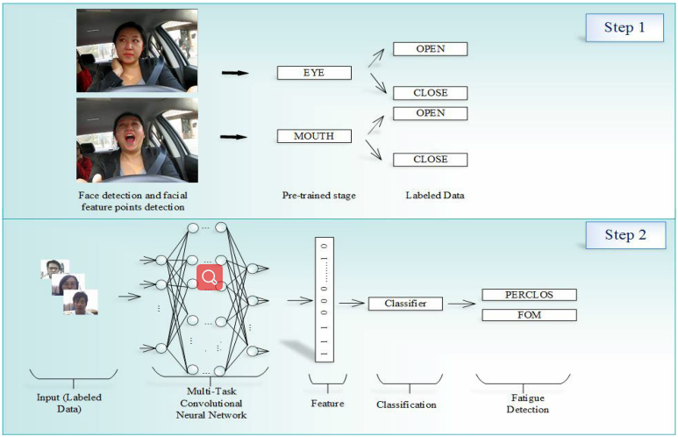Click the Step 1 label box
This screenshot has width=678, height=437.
coord(624,27)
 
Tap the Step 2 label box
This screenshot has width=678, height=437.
coord(624,235)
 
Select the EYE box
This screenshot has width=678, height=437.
coord(313,73)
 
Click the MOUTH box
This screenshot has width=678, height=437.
coord(313,136)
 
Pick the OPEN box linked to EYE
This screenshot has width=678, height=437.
coord(430,49)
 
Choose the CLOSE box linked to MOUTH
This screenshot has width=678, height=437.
coord(430,160)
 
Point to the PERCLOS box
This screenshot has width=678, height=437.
coord(529,295)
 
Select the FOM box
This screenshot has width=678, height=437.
coord(529,314)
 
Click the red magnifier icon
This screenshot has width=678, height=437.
coord(210,278)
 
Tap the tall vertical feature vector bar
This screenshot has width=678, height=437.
coord(324,298)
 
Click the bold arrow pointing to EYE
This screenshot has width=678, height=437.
coord(234,74)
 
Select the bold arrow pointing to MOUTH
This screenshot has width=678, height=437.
coord(234,137)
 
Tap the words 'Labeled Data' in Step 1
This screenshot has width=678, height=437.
coord(429,195)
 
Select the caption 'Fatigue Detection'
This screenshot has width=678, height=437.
coord(527,404)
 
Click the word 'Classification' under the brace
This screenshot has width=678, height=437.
coord(405,405)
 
